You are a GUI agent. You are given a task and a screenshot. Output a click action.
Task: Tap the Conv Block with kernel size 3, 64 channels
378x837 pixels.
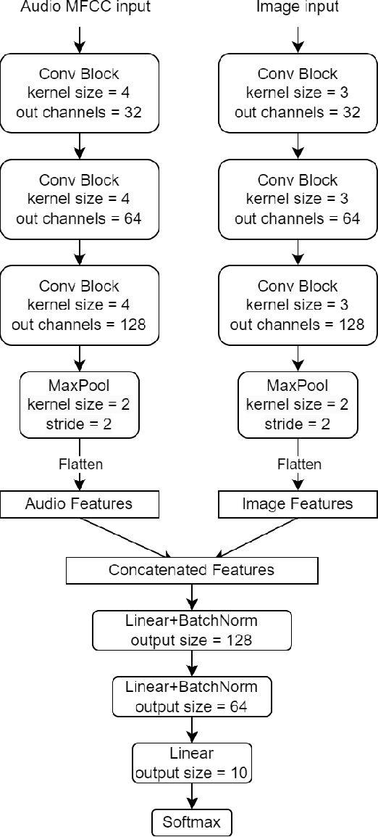click(x=297, y=199)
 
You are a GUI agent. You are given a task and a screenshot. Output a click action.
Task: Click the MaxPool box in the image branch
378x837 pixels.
click(x=297, y=404)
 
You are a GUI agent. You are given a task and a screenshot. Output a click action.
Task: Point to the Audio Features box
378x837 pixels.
click(x=80, y=503)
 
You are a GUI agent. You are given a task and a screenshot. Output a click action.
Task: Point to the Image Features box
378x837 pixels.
click(x=297, y=503)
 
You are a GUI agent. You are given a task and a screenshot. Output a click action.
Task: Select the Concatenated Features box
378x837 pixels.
click(x=192, y=569)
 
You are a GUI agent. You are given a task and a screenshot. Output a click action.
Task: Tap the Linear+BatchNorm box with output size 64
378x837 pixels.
click(x=192, y=696)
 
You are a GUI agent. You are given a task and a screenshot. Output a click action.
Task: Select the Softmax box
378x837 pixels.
click(x=192, y=823)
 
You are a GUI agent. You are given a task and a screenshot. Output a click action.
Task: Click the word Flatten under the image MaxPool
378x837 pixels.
click(x=297, y=463)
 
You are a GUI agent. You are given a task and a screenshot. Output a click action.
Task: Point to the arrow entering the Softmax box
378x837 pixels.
click(x=192, y=796)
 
